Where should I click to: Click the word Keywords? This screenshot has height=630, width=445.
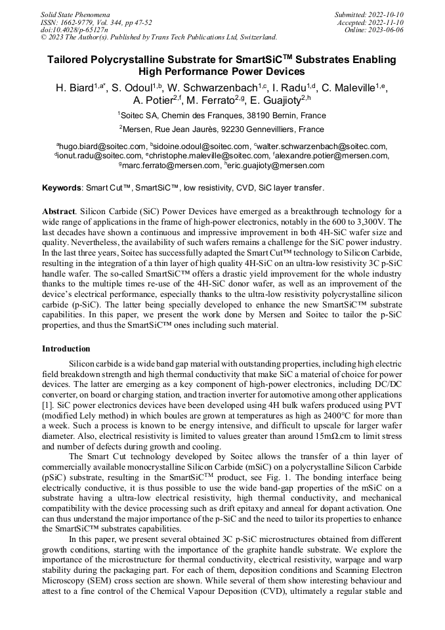click(x=61, y=188)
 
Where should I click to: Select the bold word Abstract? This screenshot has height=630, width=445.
click(x=58, y=212)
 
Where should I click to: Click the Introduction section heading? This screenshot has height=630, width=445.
click(x=66, y=348)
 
